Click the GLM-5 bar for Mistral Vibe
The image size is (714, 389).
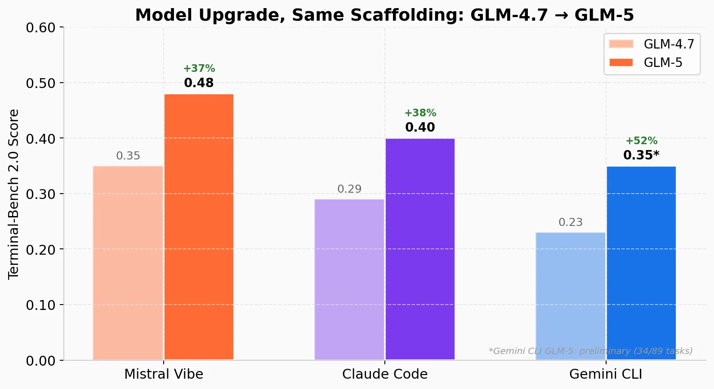tap(199, 227)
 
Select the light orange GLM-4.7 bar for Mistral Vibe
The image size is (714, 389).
tap(128, 263)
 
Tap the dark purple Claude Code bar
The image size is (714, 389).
tap(420, 249)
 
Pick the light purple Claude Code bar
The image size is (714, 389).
tap(349, 279)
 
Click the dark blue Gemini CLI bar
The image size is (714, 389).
tap(641, 263)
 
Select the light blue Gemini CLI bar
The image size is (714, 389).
tap(570, 296)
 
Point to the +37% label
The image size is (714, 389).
tap(199, 69)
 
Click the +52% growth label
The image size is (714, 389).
tap(641, 141)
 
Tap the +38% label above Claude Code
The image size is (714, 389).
tap(420, 113)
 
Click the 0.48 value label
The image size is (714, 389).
tap(199, 83)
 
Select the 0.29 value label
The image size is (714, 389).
tap(349, 189)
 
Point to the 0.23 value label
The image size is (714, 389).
tap(570, 222)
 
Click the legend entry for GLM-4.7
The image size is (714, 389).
tap(652, 44)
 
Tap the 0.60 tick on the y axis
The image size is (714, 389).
tap(40, 28)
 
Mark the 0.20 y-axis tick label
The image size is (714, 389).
tap(40, 250)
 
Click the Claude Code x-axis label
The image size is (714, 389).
tap(385, 374)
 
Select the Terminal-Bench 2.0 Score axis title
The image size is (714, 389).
tap(13, 194)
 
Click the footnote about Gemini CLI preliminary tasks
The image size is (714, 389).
tap(590, 351)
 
